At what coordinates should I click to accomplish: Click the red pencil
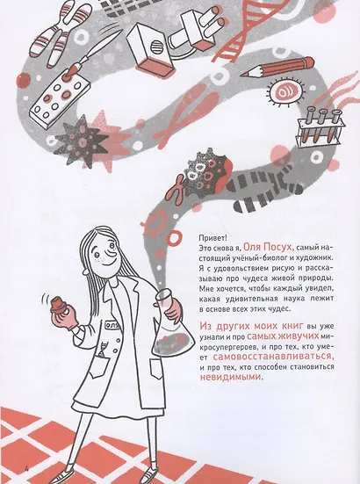click(277, 68)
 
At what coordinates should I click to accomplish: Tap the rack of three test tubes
click(320, 127)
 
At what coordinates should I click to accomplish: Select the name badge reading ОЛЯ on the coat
click(111, 325)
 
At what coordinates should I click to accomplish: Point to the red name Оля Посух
click(267, 247)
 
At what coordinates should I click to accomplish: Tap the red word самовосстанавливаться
click(273, 357)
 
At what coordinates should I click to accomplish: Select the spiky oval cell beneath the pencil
click(286, 91)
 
